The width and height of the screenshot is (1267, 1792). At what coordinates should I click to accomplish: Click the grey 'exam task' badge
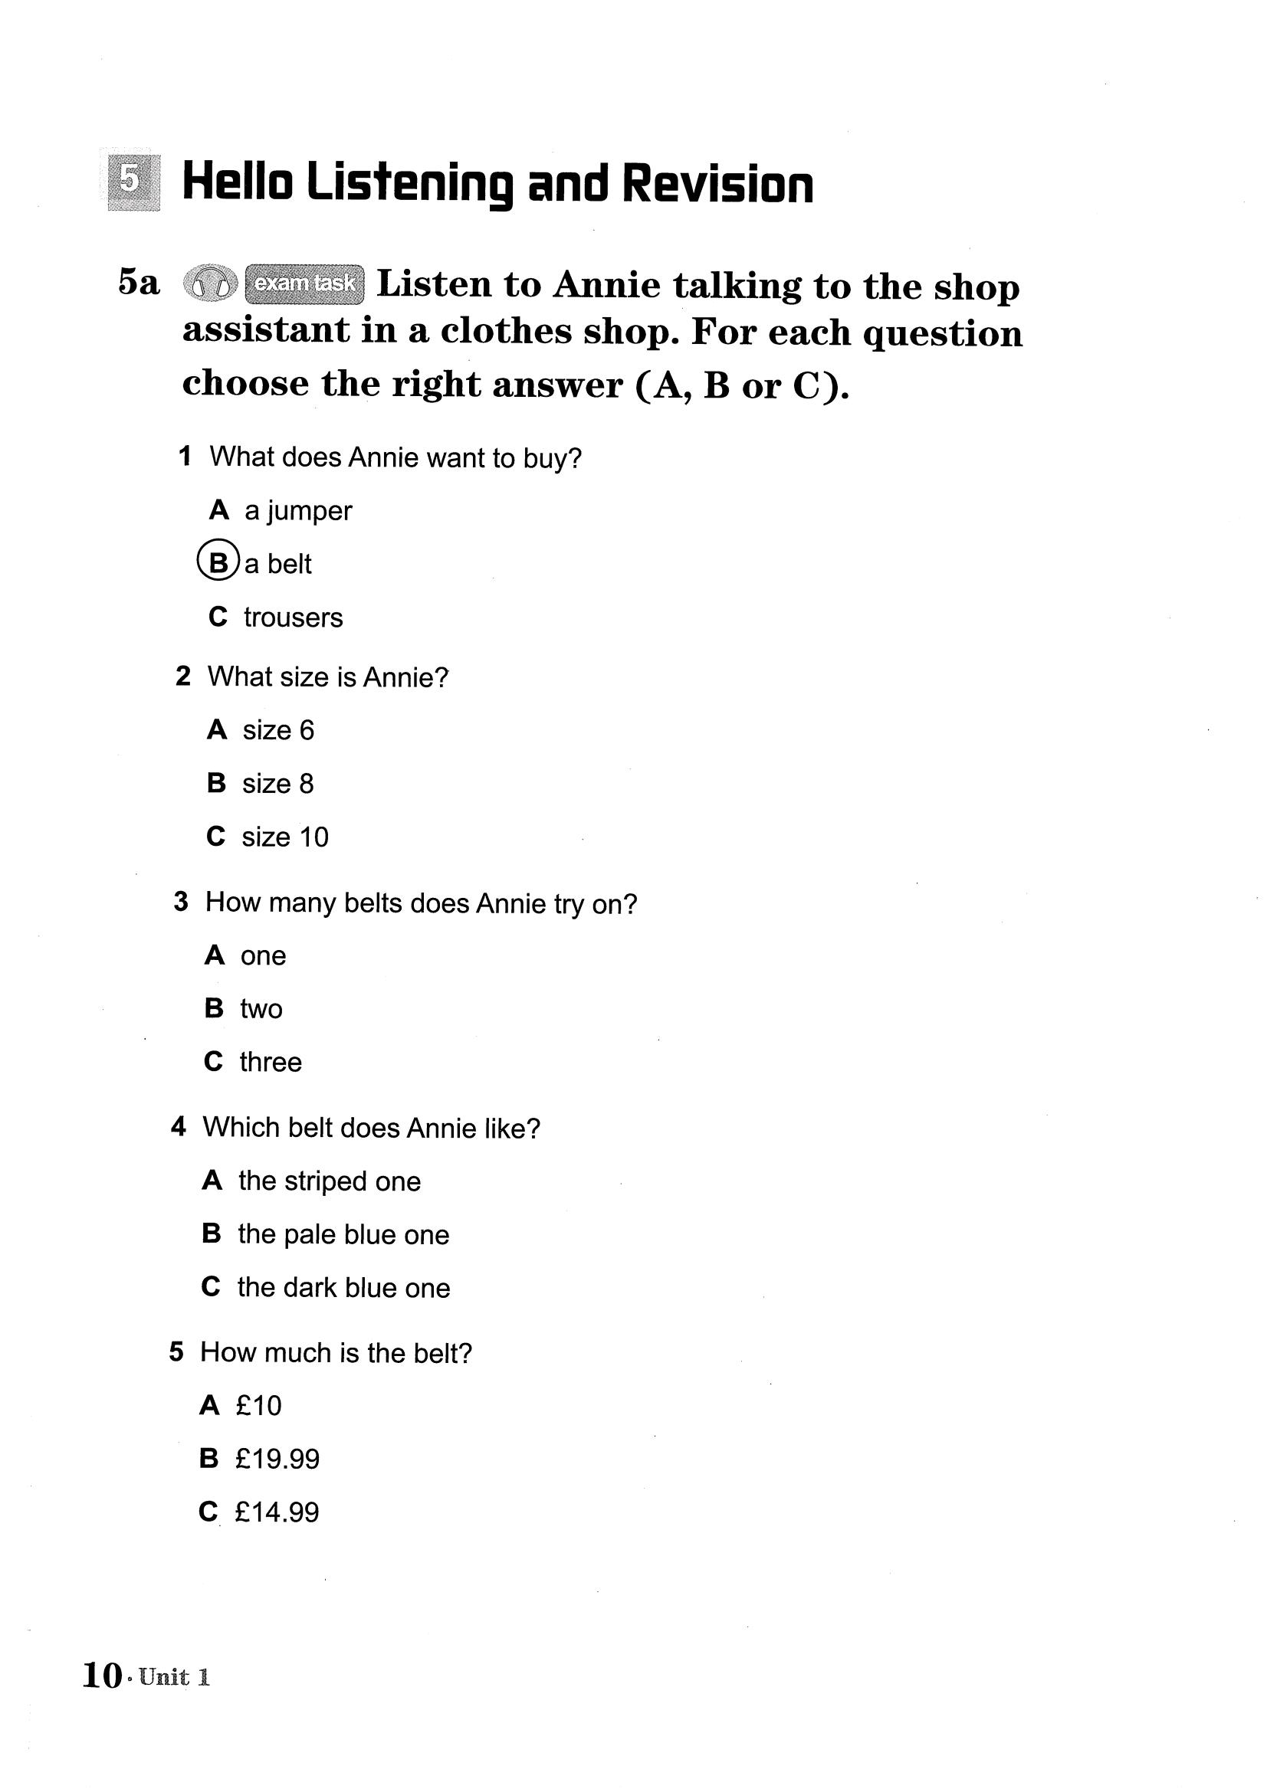304,283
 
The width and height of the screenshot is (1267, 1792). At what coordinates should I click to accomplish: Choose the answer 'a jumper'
297,510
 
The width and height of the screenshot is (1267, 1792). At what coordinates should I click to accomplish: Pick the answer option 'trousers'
293,618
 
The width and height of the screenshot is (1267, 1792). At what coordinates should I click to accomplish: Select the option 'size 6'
278,730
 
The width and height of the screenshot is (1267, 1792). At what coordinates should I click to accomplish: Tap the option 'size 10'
285,837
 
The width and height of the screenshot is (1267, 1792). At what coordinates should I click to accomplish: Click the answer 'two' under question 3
261,1008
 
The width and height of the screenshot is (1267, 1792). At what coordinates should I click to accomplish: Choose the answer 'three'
270,1061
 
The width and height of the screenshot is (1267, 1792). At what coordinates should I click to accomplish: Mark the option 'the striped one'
330,1181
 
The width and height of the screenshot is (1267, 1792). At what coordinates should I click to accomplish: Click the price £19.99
277,1459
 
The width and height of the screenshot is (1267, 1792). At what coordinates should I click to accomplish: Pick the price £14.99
277,1512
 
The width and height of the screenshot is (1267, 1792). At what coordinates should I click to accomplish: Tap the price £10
258,1406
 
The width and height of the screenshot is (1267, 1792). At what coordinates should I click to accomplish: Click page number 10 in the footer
101,1675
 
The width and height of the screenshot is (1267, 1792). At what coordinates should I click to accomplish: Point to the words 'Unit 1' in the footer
175,1676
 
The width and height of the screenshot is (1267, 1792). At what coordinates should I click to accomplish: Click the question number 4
179,1126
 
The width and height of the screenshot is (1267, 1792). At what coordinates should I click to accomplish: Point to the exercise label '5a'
139,282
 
